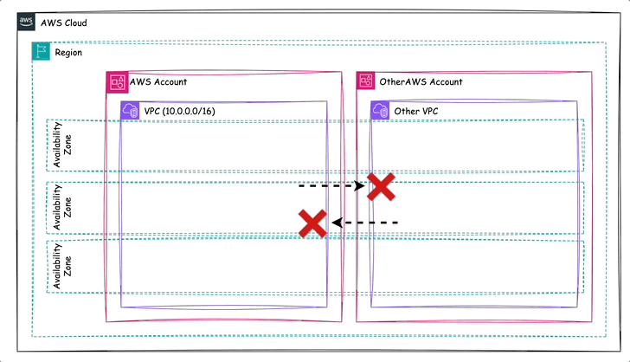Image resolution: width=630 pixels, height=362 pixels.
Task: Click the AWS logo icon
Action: (x=26, y=23)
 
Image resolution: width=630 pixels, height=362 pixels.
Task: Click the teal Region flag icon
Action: (x=41, y=52)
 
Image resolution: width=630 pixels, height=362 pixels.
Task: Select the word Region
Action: (x=68, y=52)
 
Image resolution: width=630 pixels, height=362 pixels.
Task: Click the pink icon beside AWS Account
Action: (x=116, y=81)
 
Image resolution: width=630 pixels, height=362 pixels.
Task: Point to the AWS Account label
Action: (x=157, y=82)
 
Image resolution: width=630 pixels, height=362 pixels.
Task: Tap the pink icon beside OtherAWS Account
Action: (x=366, y=81)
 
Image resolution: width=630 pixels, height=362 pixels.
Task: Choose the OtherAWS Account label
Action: (x=421, y=82)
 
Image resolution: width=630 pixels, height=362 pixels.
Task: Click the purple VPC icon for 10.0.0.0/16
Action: (x=130, y=111)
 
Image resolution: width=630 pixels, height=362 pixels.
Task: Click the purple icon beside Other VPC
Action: (x=380, y=111)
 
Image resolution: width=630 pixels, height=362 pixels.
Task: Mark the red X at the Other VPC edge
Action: (x=381, y=186)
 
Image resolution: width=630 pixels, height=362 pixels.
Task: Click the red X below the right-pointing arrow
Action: (x=312, y=223)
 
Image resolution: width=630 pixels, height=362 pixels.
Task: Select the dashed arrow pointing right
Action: (x=331, y=185)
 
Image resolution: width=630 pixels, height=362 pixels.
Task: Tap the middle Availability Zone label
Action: (x=62, y=207)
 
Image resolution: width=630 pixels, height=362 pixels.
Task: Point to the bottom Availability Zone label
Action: (x=62, y=266)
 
